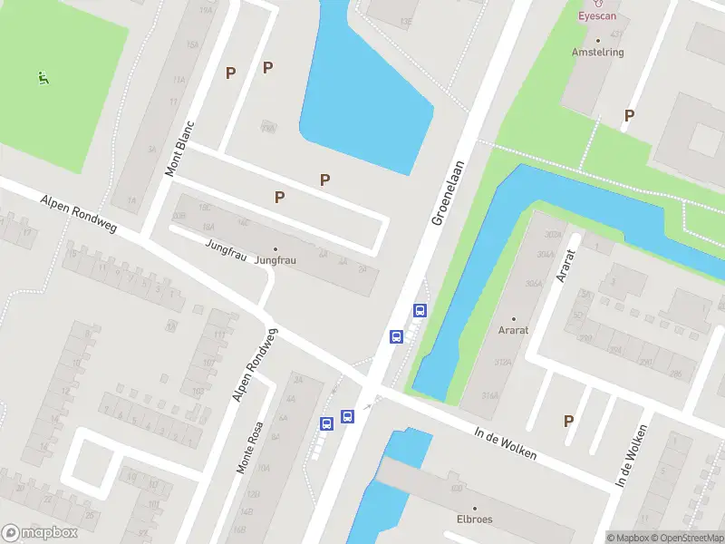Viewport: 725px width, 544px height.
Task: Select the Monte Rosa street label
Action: (249, 448)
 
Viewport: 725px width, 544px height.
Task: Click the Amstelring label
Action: (598, 52)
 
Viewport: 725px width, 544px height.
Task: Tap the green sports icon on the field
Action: (43, 78)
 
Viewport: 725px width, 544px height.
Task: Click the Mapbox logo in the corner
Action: (40, 533)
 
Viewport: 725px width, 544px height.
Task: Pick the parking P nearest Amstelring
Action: (629, 115)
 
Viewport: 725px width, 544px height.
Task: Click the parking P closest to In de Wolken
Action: (569, 421)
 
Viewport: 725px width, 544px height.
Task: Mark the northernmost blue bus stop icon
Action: (420, 310)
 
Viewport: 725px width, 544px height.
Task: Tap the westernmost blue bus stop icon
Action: (326, 423)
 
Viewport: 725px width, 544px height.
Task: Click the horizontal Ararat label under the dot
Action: (513, 332)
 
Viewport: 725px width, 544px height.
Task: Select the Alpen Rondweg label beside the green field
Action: (79, 214)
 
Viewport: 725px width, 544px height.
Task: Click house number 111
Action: (219, 335)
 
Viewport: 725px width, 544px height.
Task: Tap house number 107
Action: (209, 364)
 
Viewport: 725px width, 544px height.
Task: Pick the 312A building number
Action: (499, 364)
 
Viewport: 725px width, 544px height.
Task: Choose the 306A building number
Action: (533, 284)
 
